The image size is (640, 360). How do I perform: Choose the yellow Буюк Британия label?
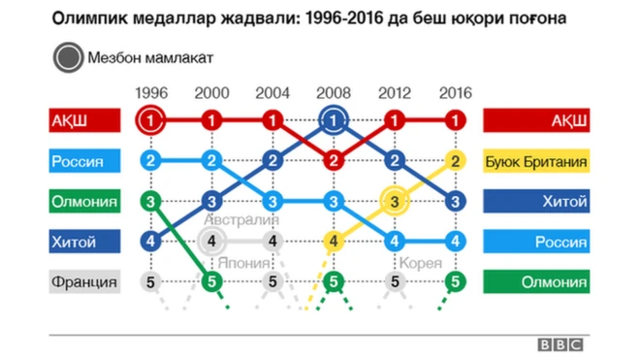[536, 161]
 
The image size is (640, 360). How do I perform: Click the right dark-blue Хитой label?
[536, 202]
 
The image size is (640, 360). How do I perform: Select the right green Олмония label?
[536, 282]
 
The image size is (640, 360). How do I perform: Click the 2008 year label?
[333, 93]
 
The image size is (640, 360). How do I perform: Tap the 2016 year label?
[455, 93]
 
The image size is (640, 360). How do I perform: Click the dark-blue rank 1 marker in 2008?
[333, 121]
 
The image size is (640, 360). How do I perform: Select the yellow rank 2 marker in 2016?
[455, 161]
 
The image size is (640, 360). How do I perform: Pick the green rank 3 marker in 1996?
[149, 202]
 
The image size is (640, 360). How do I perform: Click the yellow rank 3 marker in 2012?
[394, 202]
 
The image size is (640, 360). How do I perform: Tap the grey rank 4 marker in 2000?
[212, 242]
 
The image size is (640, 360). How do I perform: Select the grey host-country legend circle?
[68, 57]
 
